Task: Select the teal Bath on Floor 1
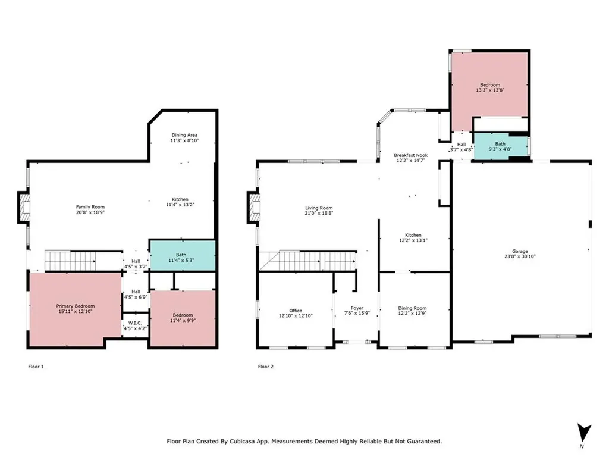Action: [182, 255]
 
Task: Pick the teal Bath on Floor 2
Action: [500, 146]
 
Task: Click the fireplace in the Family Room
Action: [24, 208]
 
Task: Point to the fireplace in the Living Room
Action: [254, 208]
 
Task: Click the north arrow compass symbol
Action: [583, 433]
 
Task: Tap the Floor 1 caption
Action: [36, 367]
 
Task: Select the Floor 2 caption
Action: [266, 367]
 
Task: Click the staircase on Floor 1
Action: [70, 261]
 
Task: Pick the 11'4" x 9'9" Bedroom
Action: [183, 318]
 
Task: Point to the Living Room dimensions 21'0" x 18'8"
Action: [319, 213]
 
